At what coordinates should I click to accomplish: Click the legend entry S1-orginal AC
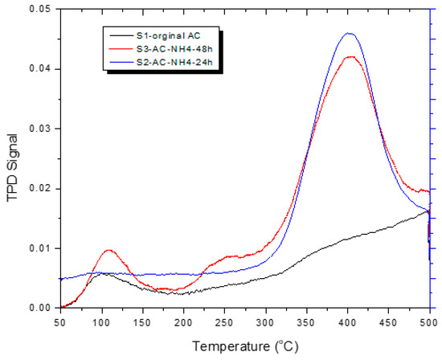click(x=170, y=35)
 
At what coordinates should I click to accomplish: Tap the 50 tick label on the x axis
click(x=59, y=321)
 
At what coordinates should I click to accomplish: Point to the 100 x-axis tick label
click(x=100, y=321)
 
